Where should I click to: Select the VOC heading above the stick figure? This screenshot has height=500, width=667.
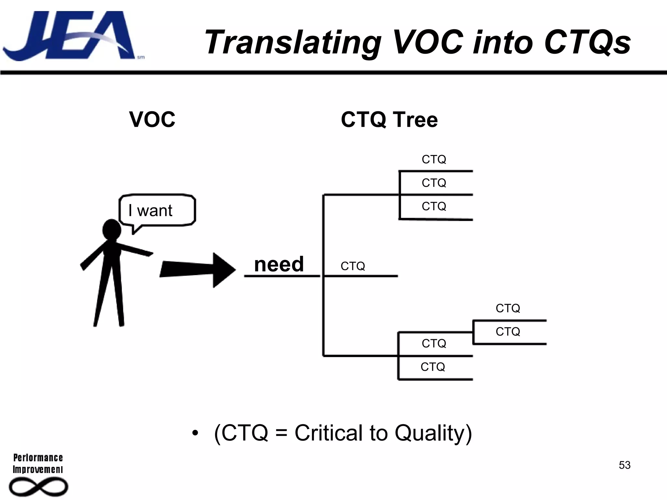152,119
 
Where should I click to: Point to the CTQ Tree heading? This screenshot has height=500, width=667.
389,119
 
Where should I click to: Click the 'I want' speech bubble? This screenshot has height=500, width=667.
157,210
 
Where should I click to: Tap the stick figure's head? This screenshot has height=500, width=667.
112,229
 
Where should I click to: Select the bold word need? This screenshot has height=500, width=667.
279,264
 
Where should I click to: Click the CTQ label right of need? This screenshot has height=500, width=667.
353,266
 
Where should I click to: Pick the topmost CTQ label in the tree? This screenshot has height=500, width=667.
434,160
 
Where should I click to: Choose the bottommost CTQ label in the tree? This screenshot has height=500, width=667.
433,367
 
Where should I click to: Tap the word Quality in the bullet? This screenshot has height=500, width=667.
433,434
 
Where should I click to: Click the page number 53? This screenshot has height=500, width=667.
624,465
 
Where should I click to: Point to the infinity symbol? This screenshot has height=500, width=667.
38,487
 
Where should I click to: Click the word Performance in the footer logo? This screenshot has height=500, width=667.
38,458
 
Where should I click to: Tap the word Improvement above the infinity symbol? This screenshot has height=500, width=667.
38,469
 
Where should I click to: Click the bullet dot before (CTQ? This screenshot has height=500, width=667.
195,433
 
